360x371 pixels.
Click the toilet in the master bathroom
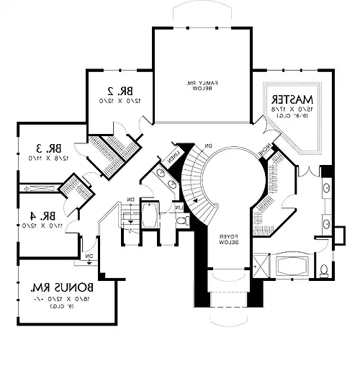(325, 270)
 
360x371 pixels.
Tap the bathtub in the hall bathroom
(152, 216)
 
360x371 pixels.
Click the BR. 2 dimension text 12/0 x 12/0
(120, 102)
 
